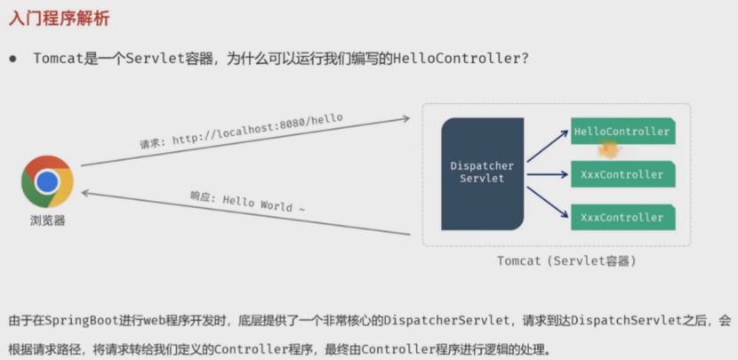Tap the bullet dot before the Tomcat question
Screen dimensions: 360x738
[x=13, y=59]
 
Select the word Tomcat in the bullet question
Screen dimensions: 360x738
[x=58, y=59]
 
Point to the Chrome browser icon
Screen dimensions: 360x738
[x=47, y=181]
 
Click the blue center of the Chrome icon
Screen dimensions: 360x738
[x=47, y=181]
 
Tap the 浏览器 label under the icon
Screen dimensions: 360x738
[x=47, y=220]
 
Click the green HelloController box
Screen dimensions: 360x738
[x=622, y=132]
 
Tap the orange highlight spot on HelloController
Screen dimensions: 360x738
[x=609, y=149]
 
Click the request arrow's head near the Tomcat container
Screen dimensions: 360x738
[x=405, y=117]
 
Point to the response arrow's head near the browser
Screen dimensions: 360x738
[x=86, y=192]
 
